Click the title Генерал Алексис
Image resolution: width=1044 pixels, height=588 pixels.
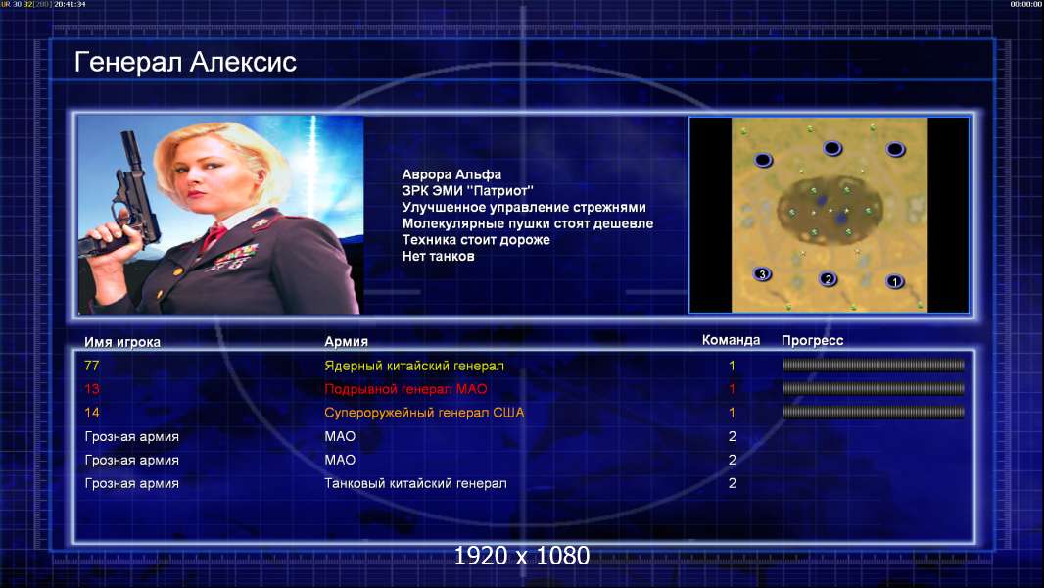(x=185, y=62)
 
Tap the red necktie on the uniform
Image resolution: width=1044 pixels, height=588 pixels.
(x=214, y=236)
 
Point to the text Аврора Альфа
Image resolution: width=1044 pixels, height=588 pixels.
(x=451, y=174)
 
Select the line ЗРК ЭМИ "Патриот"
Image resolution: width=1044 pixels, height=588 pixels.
(x=467, y=191)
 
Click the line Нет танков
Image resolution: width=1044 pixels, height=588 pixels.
(x=438, y=257)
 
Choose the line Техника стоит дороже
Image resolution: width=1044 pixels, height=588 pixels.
(x=476, y=240)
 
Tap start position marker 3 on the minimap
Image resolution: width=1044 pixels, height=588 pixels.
(x=762, y=273)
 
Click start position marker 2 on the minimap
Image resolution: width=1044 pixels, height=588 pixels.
(x=828, y=279)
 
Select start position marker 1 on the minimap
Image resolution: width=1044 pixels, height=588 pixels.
(x=895, y=281)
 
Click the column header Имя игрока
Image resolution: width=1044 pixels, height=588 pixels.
(x=121, y=342)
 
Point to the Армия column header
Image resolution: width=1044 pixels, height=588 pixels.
(x=347, y=342)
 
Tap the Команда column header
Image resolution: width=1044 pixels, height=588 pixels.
(x=731, y=340)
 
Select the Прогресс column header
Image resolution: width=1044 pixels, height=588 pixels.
(x=812, y=341)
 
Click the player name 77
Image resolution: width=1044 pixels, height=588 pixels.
(x=92, y=366)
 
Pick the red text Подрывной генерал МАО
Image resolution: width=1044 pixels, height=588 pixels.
(x=405, y=389)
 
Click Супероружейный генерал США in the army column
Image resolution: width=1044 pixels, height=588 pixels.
(x=424, y=413)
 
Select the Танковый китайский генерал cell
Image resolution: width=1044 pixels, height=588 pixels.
(x=415, y=483)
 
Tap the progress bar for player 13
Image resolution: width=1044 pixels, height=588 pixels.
(x=874, y=388)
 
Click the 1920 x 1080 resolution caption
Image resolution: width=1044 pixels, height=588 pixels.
(x=522, y=556)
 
